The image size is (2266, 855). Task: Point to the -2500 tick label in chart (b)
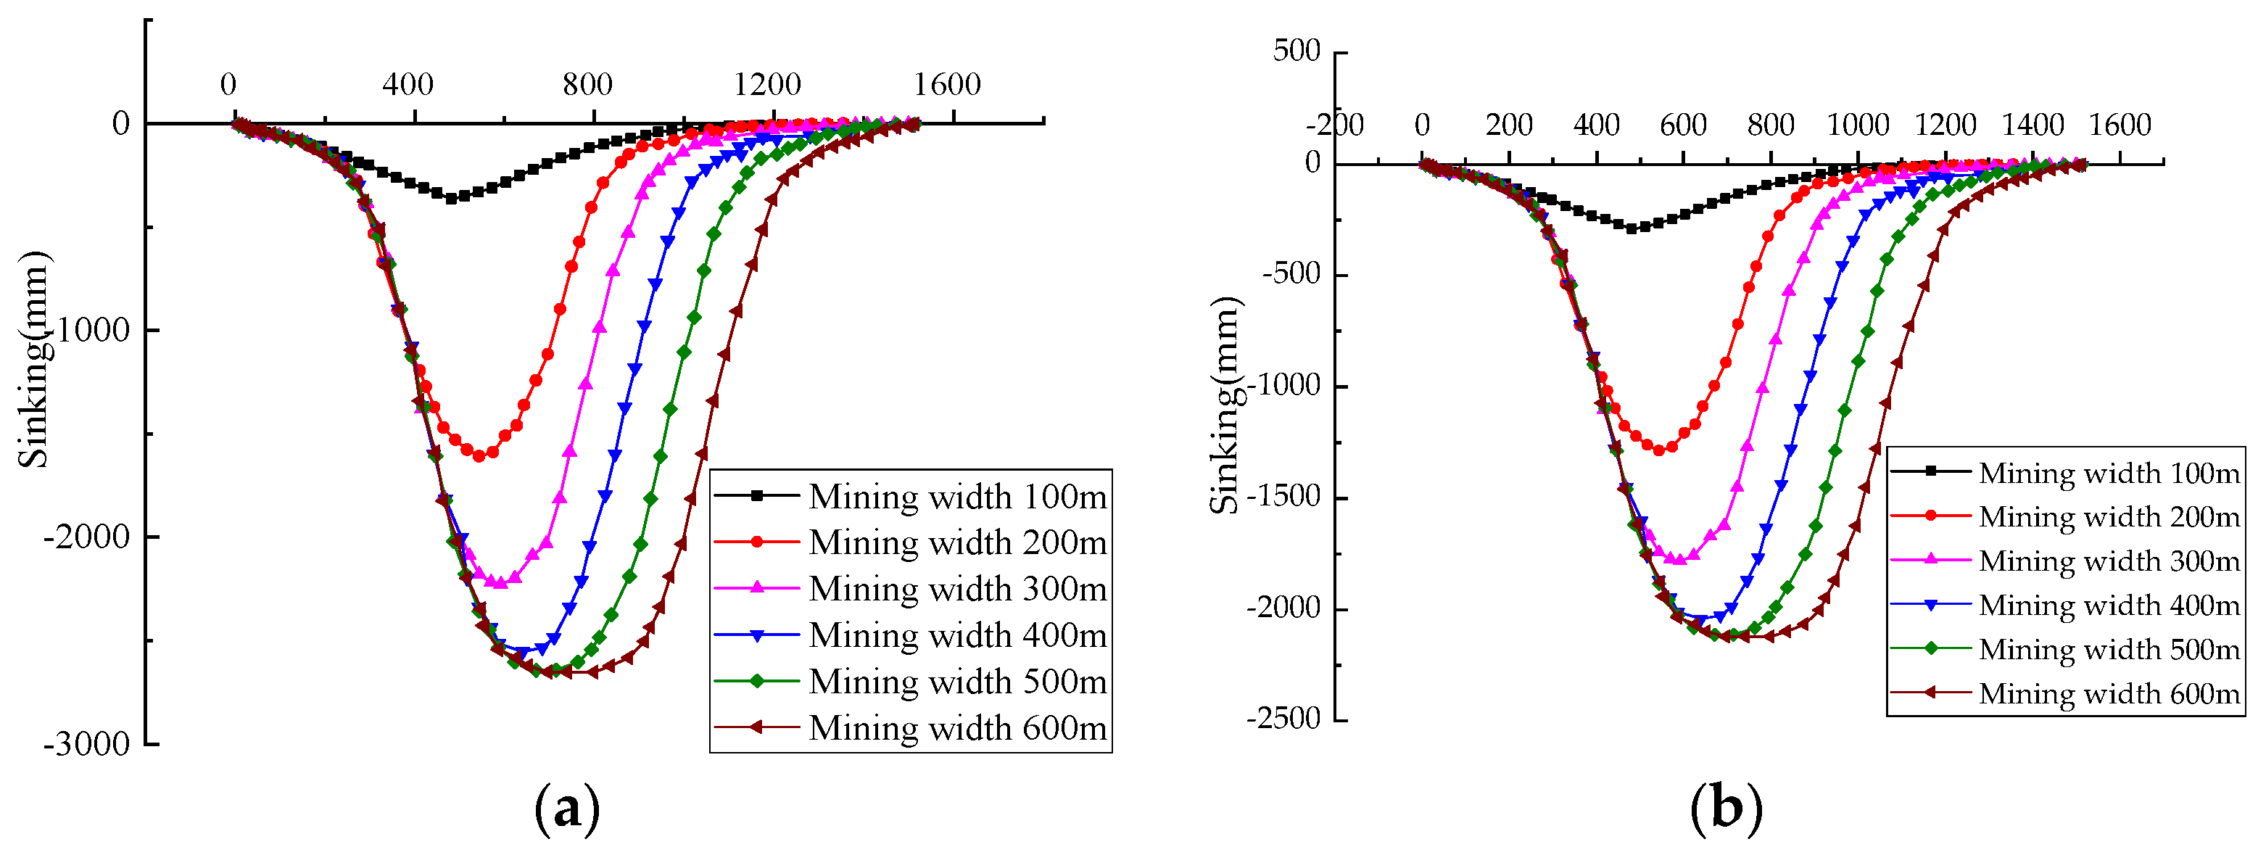(x=1283, y=719)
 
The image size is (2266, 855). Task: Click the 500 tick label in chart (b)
(x=1297, y=51)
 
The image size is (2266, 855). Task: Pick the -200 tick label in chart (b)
(x=1334, y=125)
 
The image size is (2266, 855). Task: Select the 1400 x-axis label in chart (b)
(x=2033, y=125)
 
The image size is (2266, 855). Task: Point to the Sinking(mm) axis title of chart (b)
(x=1225, y=405)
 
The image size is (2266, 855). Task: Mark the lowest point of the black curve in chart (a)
(x=451, y=199)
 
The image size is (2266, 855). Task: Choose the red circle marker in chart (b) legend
(x=1931, y=516)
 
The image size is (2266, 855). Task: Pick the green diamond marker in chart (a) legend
(x=756, y=682)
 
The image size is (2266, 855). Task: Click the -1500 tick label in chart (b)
(x=1283, y=496)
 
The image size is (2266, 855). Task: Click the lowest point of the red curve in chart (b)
(x=1659, y=450)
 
